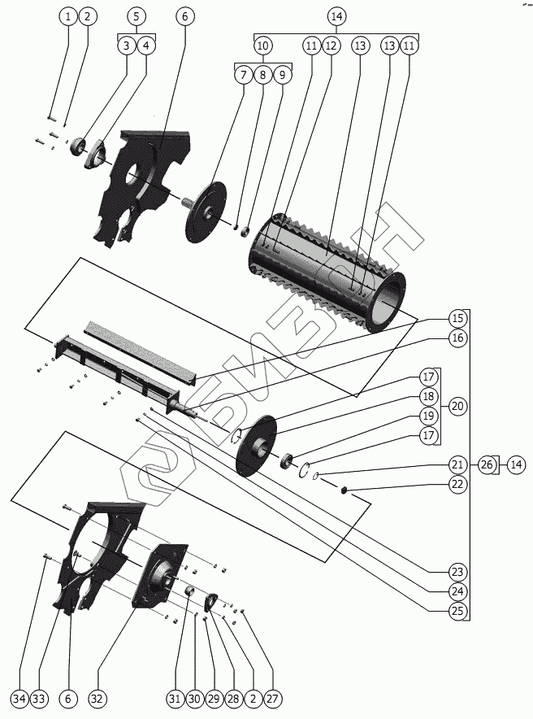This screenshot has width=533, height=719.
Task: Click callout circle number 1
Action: point(68,16)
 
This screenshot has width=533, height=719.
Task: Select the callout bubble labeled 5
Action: point(136,16)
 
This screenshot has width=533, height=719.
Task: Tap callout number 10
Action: point(262,46)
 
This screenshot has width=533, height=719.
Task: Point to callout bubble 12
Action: point(331,46)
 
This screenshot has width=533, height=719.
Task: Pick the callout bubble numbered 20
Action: point(457,406)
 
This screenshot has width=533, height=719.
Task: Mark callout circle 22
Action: point(457,484)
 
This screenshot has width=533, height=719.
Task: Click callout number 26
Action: point(487,464)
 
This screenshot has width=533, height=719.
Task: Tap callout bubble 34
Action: point(19,699)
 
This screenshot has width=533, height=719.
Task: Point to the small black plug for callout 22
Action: point(344,490)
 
